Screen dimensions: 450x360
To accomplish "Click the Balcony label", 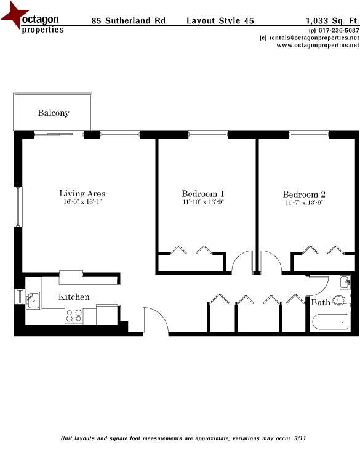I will tap(54, 113).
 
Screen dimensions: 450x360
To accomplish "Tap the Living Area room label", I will tap(82, 193).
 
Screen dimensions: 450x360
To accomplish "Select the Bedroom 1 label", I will tap(203, 193).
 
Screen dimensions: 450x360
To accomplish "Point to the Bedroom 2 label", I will tap(304, 194).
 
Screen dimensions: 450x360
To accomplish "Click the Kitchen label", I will tap(74, 297).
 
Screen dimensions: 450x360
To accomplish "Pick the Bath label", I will tap(320, 303).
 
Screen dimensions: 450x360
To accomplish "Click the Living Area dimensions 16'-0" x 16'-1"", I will tap(82, 202).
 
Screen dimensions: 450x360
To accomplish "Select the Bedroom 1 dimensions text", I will tap(203, 202).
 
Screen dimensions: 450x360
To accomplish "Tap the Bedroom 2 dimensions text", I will tap(304, 203).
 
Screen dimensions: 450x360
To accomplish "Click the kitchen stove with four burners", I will tap(74, 316).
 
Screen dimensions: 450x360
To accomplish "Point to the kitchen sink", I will tap(33, 301).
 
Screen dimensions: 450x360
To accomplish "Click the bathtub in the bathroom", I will tap(330, 322).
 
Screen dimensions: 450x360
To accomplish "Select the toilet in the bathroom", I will tap(339, 301).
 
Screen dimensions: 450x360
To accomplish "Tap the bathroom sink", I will tap(344, 283).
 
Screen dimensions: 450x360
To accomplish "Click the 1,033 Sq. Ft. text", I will tap(332, 21).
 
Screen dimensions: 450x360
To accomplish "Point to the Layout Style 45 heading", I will tap(220, 21).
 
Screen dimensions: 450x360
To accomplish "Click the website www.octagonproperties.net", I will tap(313, 45).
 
